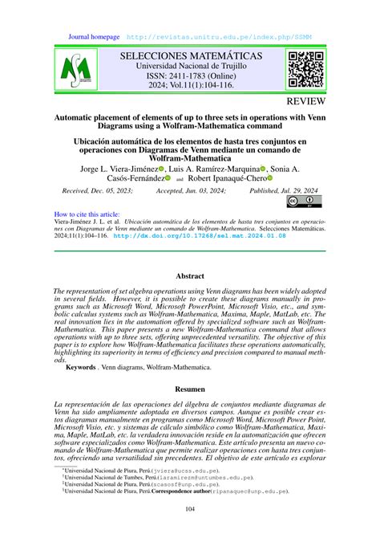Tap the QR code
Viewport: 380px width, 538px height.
pos(305,70)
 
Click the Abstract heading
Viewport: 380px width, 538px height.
pos(190,276)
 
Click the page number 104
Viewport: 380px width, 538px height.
pos(190,508)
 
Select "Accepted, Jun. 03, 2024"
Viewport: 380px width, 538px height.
pos(190,190)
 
